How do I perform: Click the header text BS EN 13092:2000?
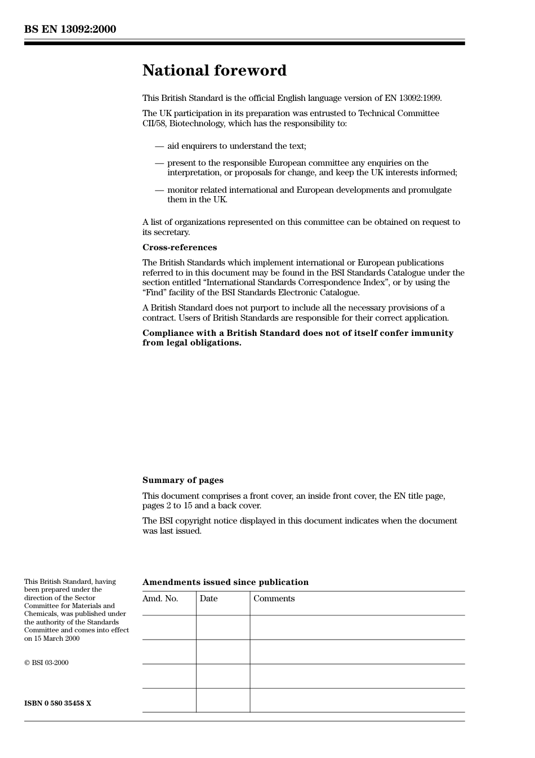(x=70, y=29)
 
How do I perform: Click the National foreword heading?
(x=214, y=70)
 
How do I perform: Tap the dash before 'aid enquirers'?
(x=159, y=146)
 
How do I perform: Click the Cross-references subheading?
(x=179, y=247)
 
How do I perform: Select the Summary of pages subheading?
(x=182, y=480)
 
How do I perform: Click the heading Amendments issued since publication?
(x=225, y=582)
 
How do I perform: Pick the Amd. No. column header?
(x=160, y=599)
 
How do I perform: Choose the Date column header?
(x=208, y=599)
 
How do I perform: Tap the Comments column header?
(x=274, y=599)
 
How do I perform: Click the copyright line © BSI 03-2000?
(x=46, y=663)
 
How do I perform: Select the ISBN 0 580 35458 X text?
(x=57, y=703)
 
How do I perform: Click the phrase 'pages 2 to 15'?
(x=167, y=506)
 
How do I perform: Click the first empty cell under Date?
(x=222, y=627)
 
